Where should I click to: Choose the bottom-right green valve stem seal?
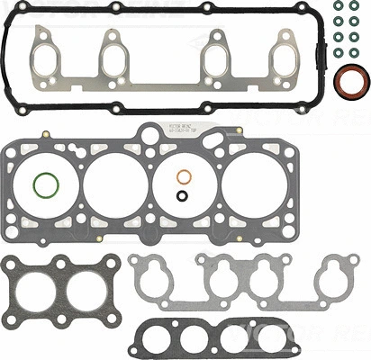coord(360,50)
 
